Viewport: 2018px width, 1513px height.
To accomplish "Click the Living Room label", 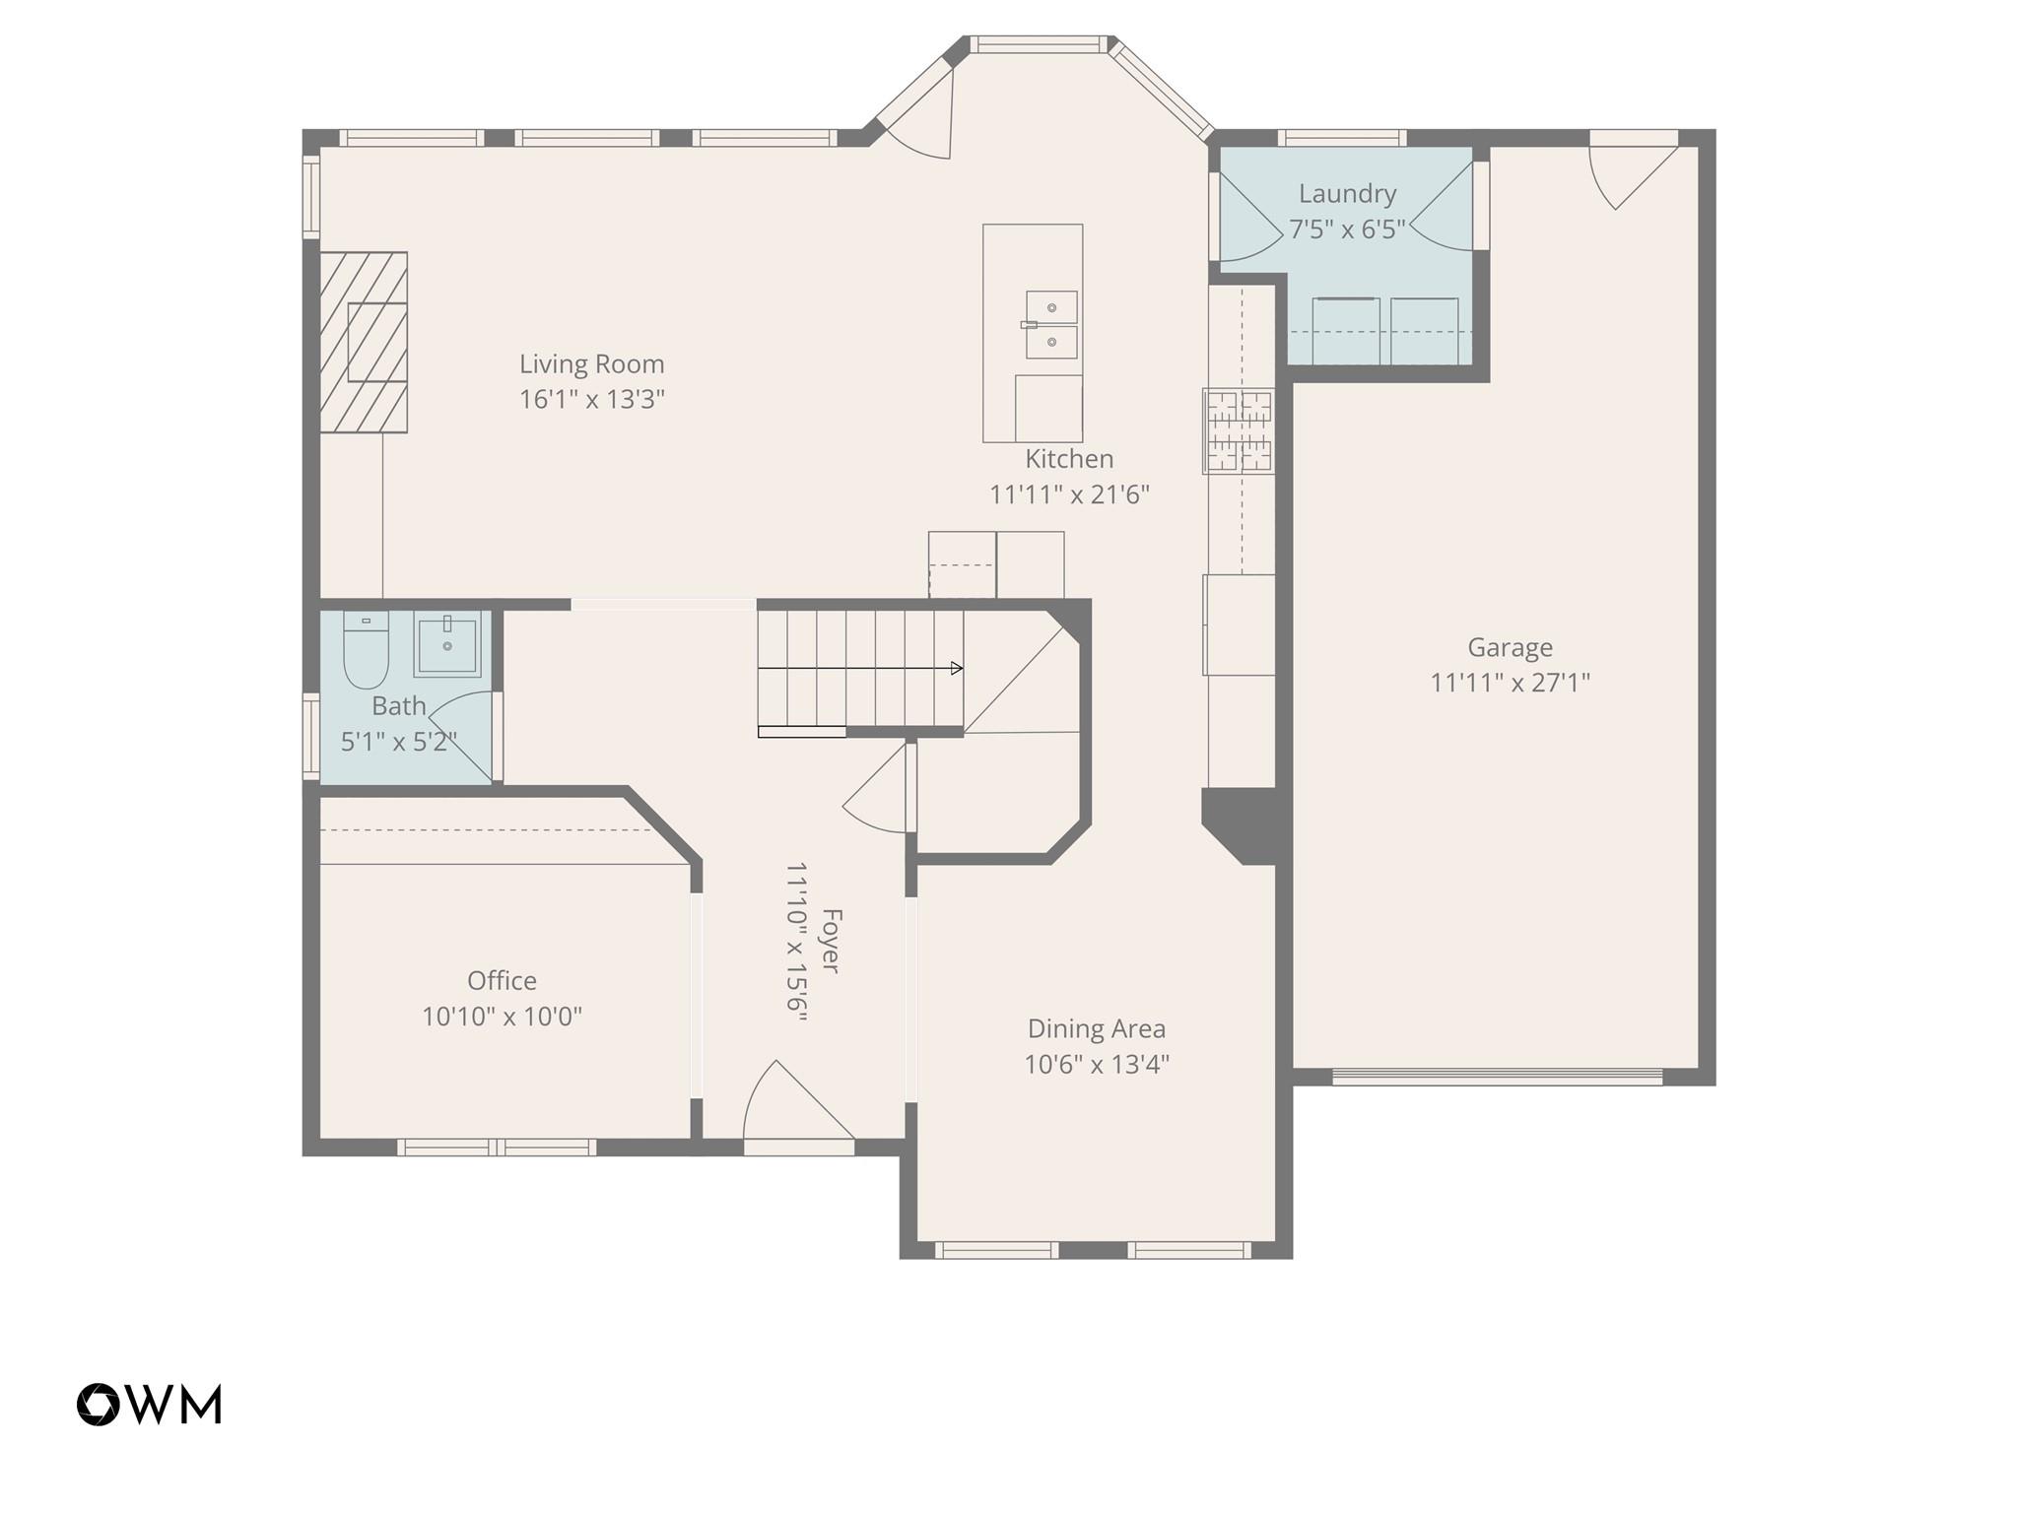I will [591, 364].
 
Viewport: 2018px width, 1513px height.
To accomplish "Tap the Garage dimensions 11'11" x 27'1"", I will [1510, 683].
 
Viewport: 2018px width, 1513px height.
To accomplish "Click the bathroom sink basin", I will [447, 643].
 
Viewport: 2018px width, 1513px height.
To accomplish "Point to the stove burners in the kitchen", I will [1240, 430].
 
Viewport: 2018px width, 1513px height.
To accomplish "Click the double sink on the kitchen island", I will [1051, 324].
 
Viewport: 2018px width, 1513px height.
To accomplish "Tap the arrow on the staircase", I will [954, 669].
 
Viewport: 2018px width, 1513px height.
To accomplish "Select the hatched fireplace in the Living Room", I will [363, 342].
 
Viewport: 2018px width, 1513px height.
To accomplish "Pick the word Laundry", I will [1347, 194].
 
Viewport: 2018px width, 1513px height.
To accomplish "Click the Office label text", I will [502, 981].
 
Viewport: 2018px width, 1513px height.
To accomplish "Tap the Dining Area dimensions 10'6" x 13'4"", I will [1096, 1065].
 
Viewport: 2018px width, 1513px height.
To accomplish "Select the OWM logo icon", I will [99, 1404].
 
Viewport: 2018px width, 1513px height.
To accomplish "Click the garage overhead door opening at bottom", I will [1497, 1077].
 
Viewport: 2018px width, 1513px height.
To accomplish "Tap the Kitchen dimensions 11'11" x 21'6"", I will [1069, 494].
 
